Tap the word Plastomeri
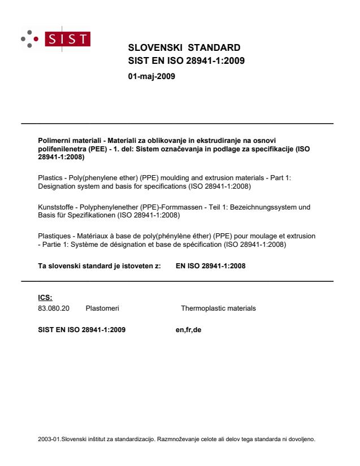click(x=102, y=308)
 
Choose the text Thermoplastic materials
click(x=218, y=308)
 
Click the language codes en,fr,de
click(x=189, y=329)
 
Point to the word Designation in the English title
click(x=56, y=185)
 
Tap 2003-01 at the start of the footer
click(x=46, y=438)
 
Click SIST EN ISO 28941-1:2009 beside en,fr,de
click(x=81, y=329)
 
